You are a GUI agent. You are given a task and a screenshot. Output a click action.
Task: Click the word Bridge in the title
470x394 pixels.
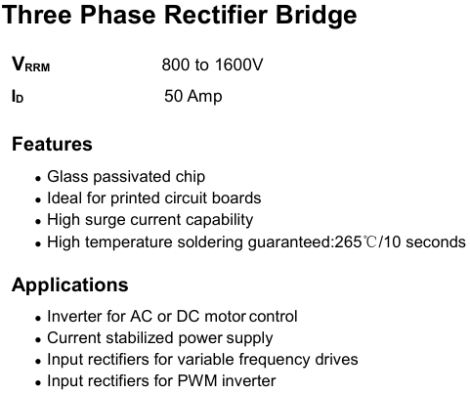pyautogui.click(x=317, y=17)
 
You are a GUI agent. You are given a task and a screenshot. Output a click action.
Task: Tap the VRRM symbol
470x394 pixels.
pyautogui.click(x=31, y=64)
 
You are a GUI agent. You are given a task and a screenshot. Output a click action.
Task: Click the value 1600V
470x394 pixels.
pyautogui.click(x=238, y=65)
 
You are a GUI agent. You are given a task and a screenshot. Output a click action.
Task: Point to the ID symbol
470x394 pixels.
pyautogui.click(x=18, y=96)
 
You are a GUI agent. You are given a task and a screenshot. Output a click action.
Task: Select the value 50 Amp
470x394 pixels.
pyautogui.click(x=193, y=96)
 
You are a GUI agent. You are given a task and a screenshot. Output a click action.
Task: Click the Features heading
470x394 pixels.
pyautogui.click(x=52, y=144)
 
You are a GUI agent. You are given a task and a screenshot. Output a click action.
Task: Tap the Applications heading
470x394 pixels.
pyautogui.click(x=70, y=285)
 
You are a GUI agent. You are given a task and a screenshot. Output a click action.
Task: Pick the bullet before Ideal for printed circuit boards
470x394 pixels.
pyautogui.click(x=38, y=200)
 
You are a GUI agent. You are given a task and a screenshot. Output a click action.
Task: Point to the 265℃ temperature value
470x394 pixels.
pyautogui.click(x=356, y=242)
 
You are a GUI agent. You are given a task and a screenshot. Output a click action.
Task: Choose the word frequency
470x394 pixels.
pyautogui.click(x=275, y=360)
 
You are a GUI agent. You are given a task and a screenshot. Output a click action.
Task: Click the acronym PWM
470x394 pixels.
pyautogui.click(x=197, y=380)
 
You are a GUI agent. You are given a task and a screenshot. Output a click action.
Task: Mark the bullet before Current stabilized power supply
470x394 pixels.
pyautogui.click(x=38, y=340)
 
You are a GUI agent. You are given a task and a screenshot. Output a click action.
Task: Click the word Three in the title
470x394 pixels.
pyautogui.click(x=36, y=15)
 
